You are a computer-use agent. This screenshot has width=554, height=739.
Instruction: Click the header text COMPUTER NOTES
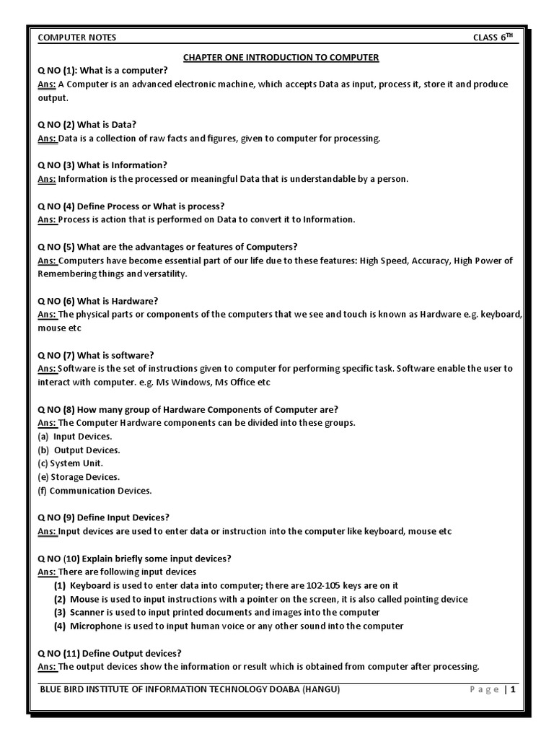(76, 38)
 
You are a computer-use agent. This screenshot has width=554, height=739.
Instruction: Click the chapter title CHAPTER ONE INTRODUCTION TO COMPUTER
(281, 57)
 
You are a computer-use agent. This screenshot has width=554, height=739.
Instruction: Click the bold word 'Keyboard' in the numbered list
(91, 585)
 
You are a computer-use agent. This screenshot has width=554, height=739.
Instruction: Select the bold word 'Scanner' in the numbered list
(88, 613)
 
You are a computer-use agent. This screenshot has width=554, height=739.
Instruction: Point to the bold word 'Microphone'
(96, 626)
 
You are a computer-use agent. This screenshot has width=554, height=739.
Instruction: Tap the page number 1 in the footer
(514, 690)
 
